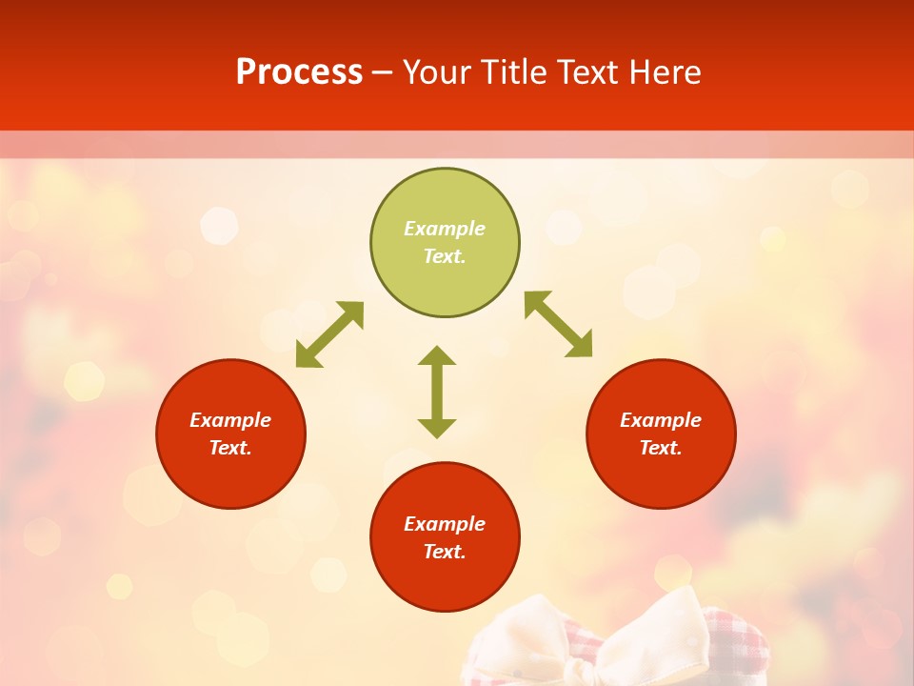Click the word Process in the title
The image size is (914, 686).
(299, 72)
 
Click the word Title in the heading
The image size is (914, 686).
(514, 72)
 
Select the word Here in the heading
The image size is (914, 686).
(666, 72)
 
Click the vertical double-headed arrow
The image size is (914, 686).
(437, 392)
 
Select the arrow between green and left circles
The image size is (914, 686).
(329, 334)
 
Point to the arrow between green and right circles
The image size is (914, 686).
(559, 324)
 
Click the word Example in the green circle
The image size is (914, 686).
(445, 229)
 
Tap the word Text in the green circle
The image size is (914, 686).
(445, 256)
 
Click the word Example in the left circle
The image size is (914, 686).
(230, 420)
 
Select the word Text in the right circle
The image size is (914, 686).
(661, 448)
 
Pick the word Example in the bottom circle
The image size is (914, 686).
(445, 524)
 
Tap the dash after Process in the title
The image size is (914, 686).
(383, 72)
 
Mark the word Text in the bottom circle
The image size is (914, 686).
(445, 552)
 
